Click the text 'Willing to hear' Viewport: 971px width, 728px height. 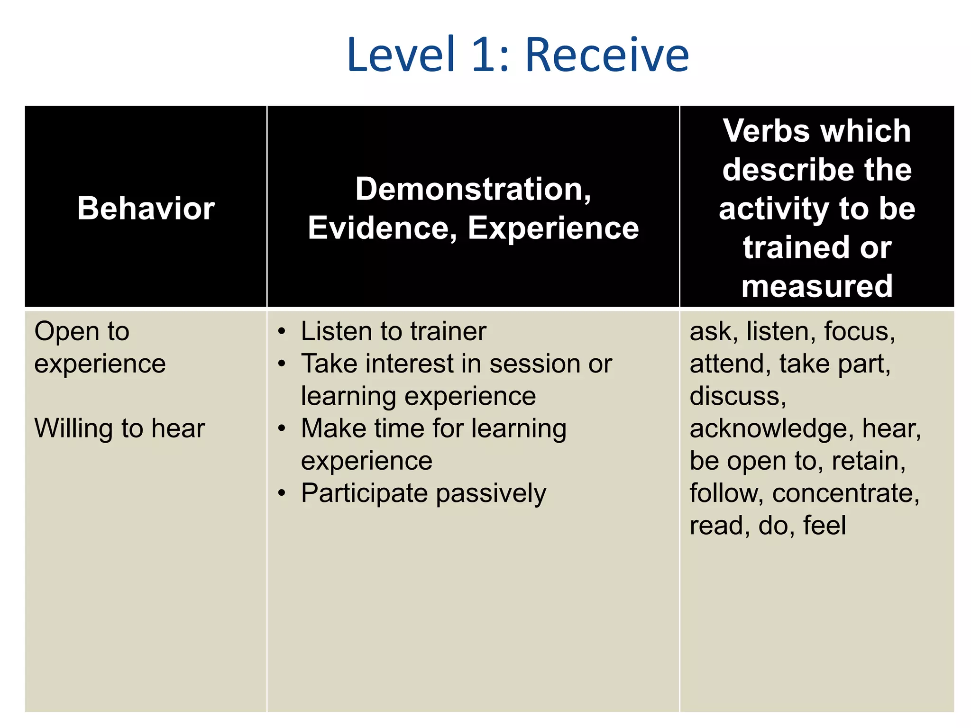pos(119,428)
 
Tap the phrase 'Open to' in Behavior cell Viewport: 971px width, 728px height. pos(82,331)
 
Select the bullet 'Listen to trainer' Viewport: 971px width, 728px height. pos(394,331)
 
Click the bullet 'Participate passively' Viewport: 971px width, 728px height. pos(423,493)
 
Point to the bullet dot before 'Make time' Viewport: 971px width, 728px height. pos(282,428)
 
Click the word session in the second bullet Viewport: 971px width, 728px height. pos(534,364)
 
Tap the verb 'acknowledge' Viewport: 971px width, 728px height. pos(768,428)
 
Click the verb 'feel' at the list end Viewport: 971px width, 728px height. pos(824,525)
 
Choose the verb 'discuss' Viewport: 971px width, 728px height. pos(737,396)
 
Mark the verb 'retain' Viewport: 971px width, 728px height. pos(868,461)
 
